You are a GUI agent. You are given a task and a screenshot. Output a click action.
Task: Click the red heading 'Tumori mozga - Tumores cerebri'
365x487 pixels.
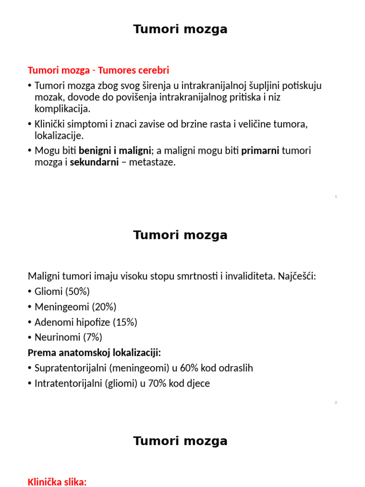(x=98, y=70)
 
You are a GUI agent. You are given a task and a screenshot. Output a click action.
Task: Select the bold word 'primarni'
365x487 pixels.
(x=260, y=151)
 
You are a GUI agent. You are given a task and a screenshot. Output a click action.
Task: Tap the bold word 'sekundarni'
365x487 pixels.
(x=94, y=162)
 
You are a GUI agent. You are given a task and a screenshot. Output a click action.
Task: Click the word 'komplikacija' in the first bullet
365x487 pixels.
(x=61, y=109)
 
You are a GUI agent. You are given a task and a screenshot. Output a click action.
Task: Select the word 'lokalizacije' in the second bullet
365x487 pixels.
(x=58, y=136)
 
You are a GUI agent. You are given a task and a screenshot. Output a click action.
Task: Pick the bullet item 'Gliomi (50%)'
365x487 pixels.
(x=62, y=292)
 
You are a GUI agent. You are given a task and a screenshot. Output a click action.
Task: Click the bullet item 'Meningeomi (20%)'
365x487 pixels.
(x=75, y=307)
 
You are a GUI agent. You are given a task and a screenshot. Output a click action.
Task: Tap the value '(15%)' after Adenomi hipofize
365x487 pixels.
(x=125, y=322)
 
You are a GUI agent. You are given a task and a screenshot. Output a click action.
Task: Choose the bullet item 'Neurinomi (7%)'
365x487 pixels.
(x=68, y=337)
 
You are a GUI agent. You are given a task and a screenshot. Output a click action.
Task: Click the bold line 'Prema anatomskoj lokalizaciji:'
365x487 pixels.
(x=95, y=352)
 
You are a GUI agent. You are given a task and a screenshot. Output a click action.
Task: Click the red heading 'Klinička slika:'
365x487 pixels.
(x=57, y=482)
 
